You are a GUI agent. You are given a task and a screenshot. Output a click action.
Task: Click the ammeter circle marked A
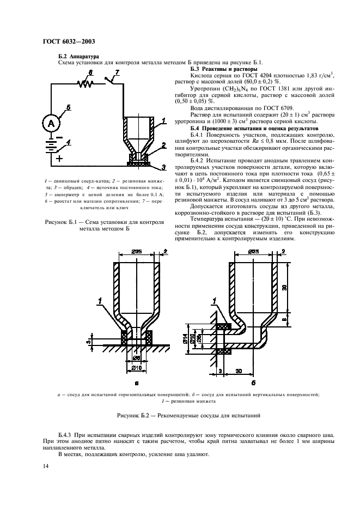pyautogui.click(x=52, y=123)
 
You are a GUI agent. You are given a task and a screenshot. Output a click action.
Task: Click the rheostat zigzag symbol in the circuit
pyautogui.click(x=86, y=83)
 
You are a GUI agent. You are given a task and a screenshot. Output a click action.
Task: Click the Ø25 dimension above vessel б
pyautogui.click(x=255, y=251)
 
